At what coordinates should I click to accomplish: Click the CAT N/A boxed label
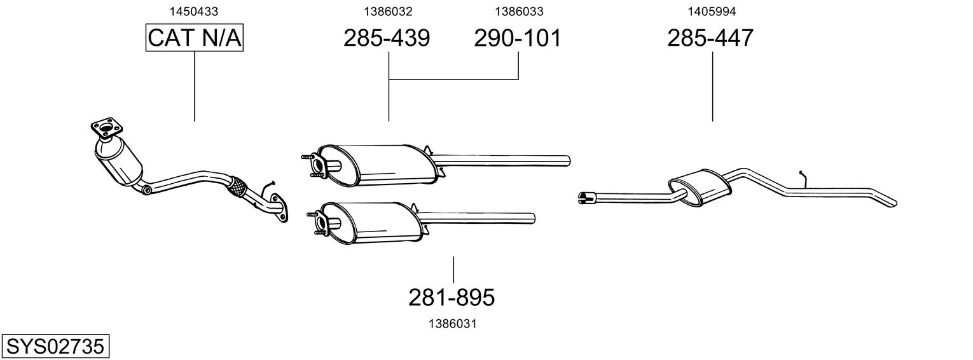pyautogui.click(x=194, y=38)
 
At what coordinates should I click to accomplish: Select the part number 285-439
pyautogui.click(x=387, y=38)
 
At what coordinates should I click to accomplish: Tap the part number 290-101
pyautogui.click(x=518, y=38)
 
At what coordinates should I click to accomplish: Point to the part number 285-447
pyautogui.click(x=710, y=38)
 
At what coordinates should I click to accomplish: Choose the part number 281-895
pyautogui.click(x=452, y=298)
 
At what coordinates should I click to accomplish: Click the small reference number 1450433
pyautogui.click(x=194, y=11)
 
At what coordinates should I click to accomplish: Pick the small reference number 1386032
pyautogui.click(x=388, y=11)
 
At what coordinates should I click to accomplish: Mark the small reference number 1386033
pyautogui.click(x=519, y=11)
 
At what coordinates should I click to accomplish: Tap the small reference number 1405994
pyautogui.click(x=712, y=11)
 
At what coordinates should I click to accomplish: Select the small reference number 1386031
pyautogui.click(x=453, y=324)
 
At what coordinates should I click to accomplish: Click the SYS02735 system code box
pyautogui.click(x=55, y=347)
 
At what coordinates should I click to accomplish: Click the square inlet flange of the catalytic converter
pyautogui.click(x=107, y=128)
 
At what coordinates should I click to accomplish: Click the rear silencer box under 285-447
pyautogui.click(x=700, y=187)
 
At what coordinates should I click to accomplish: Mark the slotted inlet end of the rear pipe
pyautogui.click(x=587, y=198)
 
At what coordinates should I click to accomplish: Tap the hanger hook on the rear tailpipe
pyautogui.click(x=803, y=179)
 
